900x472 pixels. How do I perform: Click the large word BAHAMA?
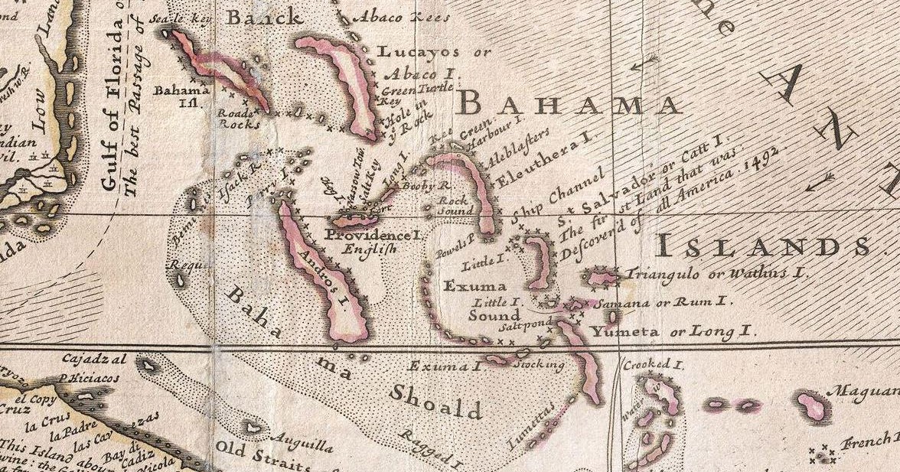coord(571,103)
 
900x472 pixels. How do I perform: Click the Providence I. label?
coord(373,236)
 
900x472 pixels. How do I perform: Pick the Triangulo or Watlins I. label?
coord(717,272)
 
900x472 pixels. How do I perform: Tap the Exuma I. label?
coord(445,366)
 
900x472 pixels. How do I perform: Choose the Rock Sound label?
coord(452,205)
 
